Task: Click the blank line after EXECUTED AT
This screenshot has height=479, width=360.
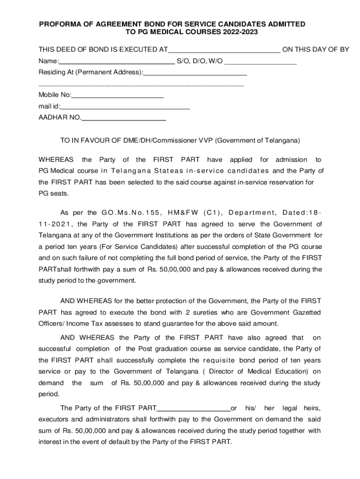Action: click(224, 50)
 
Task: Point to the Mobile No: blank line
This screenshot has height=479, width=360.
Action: click(117, 95)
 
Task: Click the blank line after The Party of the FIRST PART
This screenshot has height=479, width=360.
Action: click(194, 408)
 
